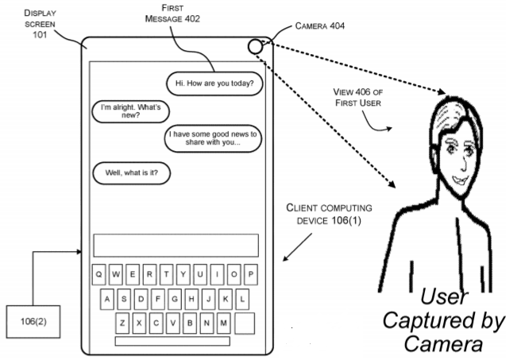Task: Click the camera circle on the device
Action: coord(255,46)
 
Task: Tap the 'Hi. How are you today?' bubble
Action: coord(213,82)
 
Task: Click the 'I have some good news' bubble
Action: coord(214,139)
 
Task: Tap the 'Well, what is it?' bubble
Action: coord(132,171)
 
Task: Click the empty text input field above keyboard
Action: coord(176,245)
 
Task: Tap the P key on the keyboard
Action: coord(251,274)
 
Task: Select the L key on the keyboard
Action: coord(242,300)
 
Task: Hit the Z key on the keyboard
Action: coord(122,323)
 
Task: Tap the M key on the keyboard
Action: coord(224,323)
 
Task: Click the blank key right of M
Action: coord(245,323)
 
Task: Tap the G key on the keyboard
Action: coord(173,300)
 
